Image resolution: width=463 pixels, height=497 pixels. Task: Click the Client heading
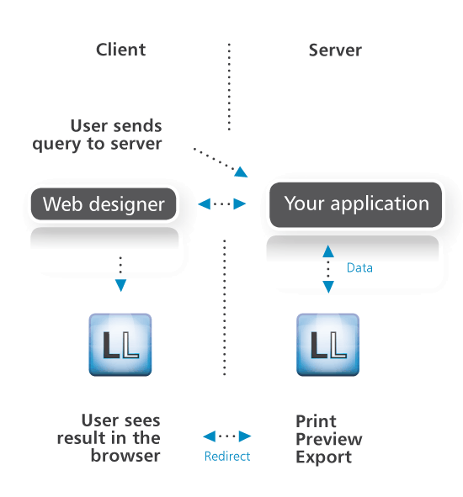pyautogui.click(x=120, y=50)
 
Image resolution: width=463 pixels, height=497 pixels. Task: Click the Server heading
pyautogui.click(x=335, y=50)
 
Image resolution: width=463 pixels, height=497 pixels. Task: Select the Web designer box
pyautogui.click(x=104, y=204)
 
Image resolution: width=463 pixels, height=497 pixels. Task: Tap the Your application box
pyautogui.click(x=355, y=204)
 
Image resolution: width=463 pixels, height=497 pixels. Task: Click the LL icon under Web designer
pyautogui.click(x=120, y=345)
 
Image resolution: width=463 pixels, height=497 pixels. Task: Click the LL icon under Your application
pyautogui.click(x=327, y=345)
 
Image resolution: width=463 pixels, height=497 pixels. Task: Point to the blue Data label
pyautogui.click(x=359, y=267)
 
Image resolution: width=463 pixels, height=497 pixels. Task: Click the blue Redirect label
pyautogui.click(x=227, y=457)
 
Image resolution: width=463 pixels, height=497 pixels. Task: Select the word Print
pyautogui.click(x=316, y=421)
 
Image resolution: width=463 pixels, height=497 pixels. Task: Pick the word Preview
pyautogui.click(x=329, y=439)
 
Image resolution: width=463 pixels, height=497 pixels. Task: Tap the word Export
pyautogui.click(x=324, y=457)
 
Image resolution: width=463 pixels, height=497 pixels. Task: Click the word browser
pyautogui.click(x=125, y=456)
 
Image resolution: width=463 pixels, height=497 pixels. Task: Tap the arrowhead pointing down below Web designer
pyautogui.click(x=120, y=285)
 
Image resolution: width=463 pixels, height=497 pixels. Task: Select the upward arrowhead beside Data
pyautogui.click(x=328, y=251)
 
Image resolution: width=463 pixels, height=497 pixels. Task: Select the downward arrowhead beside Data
pyautogui.click(x=328, y=287)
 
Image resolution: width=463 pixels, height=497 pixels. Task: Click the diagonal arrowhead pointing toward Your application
pyautogui.click(x=241, y=172)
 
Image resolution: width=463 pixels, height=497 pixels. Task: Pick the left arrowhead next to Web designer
pyautogui.click(x=204, y=204)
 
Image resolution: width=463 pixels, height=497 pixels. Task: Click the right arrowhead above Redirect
pyautogui.click(x=245, y=436)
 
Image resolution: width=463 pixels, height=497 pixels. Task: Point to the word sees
pyautogui.click(x=142, y=421)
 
